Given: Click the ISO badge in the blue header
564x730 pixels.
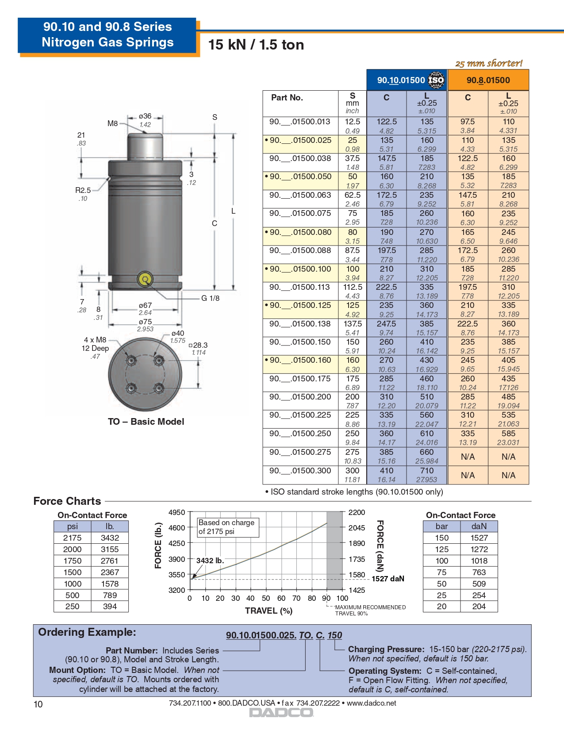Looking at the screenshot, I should (436, 80).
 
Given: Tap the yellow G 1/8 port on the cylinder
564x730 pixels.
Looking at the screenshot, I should (145, 279).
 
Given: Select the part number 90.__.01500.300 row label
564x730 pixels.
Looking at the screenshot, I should (300, 471).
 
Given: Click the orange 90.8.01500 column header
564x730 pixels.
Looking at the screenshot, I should (488, 80).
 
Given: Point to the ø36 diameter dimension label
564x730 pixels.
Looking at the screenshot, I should (145, 116).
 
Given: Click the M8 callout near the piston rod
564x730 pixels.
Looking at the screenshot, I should (113, 123).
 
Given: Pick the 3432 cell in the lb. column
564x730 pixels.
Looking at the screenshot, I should (110, 538).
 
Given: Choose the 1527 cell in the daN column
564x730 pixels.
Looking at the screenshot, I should (479, 538).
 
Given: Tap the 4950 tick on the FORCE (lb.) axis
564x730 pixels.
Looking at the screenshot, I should (177, 512).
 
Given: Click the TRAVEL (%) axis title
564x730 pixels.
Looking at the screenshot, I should (269, 611).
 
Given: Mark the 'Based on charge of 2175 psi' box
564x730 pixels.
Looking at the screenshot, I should (227, 526).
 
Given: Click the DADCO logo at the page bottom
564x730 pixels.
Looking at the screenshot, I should (281, 712).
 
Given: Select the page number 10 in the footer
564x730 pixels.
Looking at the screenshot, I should (38, 704).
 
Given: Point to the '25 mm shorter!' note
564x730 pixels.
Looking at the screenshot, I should (489, 63).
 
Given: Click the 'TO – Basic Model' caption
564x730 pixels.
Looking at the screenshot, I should (146, 421).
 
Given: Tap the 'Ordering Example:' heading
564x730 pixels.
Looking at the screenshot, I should (87, 632).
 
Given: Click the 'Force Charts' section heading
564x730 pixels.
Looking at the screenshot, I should (67, 501).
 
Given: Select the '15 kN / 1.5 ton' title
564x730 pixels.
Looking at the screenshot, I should (256, 45).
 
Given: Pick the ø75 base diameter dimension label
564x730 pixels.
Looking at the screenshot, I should (145, 322).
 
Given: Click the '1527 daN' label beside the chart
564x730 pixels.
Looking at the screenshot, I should (388, 579).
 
